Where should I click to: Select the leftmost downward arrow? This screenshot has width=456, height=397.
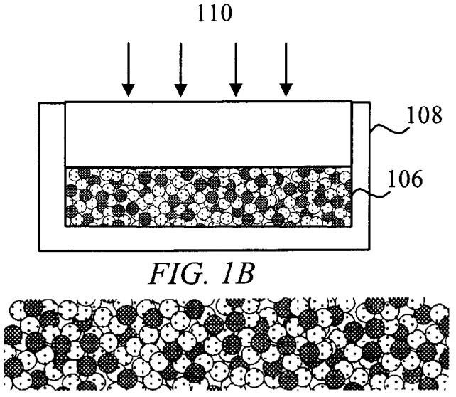[128, 69]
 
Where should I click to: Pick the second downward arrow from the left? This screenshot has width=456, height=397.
[180, 69]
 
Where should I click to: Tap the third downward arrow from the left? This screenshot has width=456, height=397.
[233, 69]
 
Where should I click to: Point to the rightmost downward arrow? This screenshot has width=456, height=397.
[286, 69]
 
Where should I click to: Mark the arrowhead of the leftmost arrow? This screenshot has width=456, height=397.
[128, 90]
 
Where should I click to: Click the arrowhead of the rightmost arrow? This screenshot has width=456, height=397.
[286, 90]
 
